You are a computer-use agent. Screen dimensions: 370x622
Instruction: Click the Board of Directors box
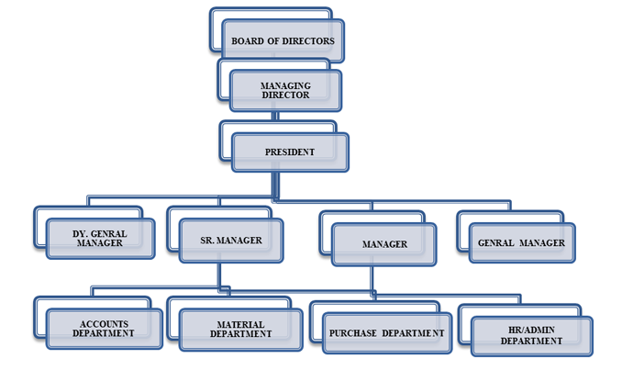pyautogui.click(x=283, y=40)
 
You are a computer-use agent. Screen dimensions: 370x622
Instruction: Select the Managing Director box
pyautogui.click(x=286, y=91)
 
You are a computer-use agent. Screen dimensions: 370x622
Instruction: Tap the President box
pyautogui.click(x=290, y=151)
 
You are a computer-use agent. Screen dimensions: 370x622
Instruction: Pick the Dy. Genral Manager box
pyautogui.click(x=99, y=239)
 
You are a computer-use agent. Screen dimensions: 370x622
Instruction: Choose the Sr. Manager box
pyautogui.click(x=231, y=241)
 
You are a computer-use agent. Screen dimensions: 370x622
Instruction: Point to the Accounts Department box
pyautogui.click(x=104, y=329)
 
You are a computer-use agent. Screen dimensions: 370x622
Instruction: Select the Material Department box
pyautogui.click(x=240, y=330)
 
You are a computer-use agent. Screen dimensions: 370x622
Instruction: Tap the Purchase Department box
pyautogui.click(x=387, y=332)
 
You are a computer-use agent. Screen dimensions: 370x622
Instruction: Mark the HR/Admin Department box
pyautogui.click(x=532, y=335)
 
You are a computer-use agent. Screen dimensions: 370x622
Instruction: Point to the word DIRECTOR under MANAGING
pyautogui.click(x=286, y=95)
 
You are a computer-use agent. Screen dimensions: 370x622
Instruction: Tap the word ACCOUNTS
pyautogui.click(x=104, y=323)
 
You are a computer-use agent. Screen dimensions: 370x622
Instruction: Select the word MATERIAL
pyautogui.click(x=240, y=324)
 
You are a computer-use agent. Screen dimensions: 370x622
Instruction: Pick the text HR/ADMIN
pyautogui.click(x=532, y=330)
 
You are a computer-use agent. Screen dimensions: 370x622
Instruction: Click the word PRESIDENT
pyautogui.click(x=290, y=151)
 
